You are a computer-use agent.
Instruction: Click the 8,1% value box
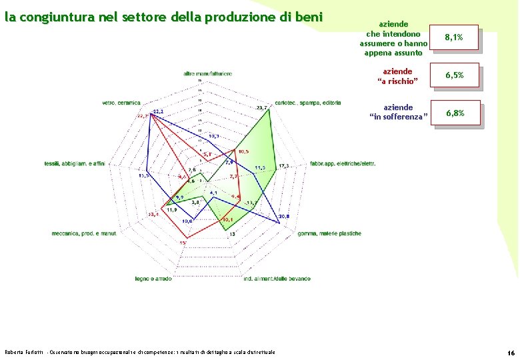(x=454, y=38)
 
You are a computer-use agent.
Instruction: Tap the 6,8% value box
(x=454, y=113)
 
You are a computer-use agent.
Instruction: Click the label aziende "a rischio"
(x=397, y=76)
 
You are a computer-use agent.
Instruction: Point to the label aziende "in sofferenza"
(x=397, y=112)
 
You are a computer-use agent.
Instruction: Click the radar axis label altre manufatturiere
(x=208, y=73)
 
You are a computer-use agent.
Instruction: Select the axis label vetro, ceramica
(x=121, y=103)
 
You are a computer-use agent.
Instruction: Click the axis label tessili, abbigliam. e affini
(x=75, y=163)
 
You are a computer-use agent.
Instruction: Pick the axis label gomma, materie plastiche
(x=329, y=233)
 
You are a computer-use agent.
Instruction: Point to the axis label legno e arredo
(x=153, y=278)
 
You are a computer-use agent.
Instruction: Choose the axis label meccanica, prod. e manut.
(x=84, y=233)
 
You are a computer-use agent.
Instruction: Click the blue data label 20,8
(x=284, y=217)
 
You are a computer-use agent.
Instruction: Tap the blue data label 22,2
(x=158, y=111)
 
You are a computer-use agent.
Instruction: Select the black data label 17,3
(x=284, y=165)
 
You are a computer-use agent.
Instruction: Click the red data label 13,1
(x=153, y=214)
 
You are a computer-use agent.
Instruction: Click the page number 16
(x=510, y=351)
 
